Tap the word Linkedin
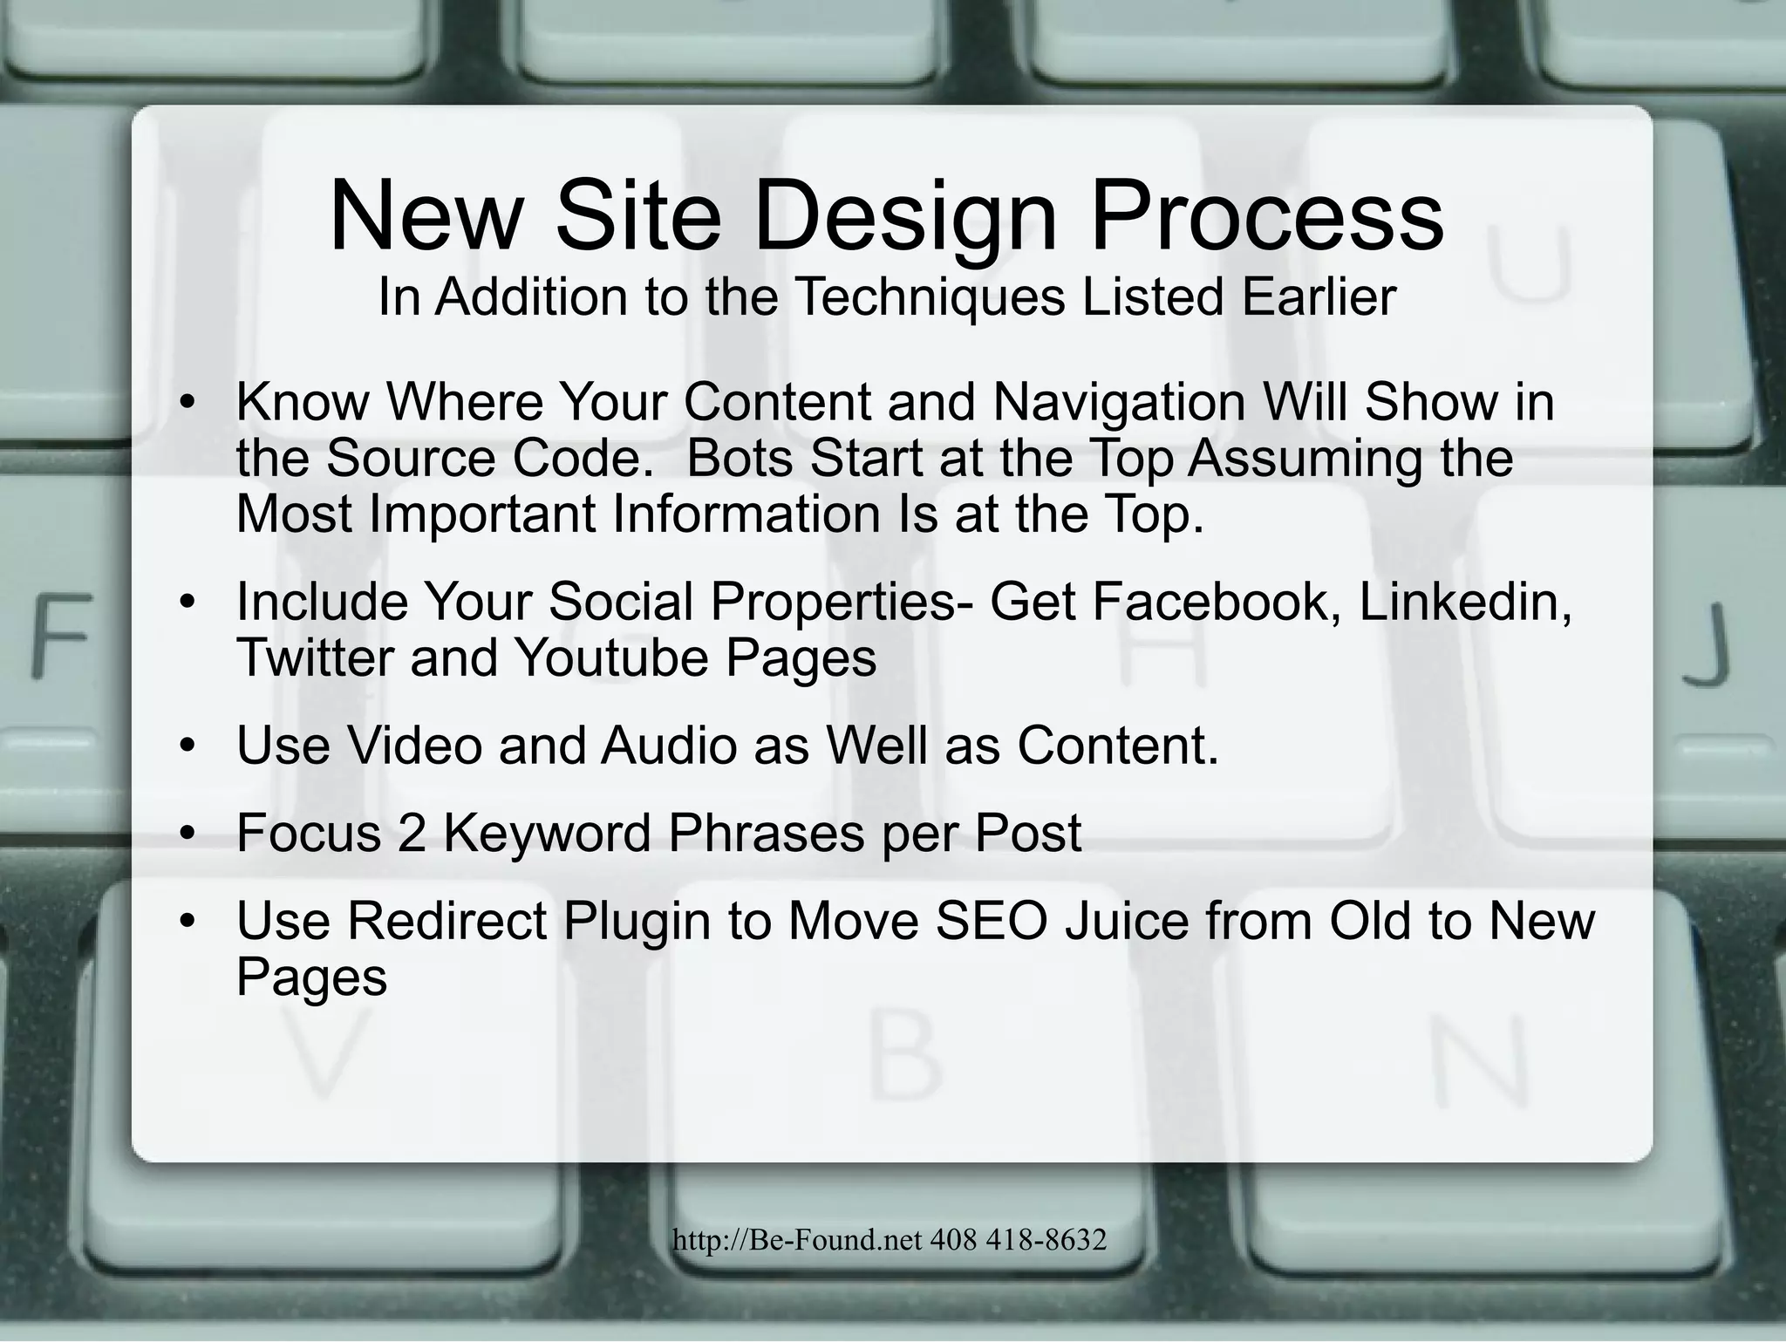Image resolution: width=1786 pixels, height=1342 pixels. [1464, 601]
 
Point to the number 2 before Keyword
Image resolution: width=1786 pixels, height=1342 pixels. [411, 833]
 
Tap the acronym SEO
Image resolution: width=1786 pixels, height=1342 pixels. [991, 922]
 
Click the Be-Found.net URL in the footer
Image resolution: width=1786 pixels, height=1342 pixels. [797, 1239]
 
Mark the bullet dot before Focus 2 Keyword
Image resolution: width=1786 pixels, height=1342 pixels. [186, 834]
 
